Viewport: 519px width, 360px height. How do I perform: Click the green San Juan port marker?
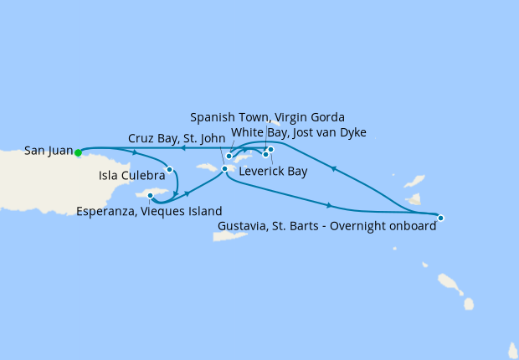pyautogui.click(x=78, y=152)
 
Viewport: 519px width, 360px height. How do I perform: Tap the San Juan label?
pyautogui.click(x=48, y=151)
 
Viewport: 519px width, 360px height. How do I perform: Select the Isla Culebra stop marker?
pyautogui.click(x=169, y=169)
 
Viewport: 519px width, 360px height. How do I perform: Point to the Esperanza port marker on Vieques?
pyautogui.click(x=151, y=196)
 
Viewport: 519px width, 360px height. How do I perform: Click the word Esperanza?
pyautogui.click(x=106, y=211)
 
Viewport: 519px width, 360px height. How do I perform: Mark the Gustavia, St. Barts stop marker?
pyautogui.click(x=441, y=218)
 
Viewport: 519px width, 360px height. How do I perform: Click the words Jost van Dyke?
pyautogui.click(x=329, y=132)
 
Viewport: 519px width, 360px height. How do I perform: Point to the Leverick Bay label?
pyautogui.click(x=273, y=172)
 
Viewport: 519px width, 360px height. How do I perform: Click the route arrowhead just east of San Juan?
pyautogui.click(x=135, y=152)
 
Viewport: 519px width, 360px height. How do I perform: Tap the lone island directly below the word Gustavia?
pyautogui.click(x=228, y=237)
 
